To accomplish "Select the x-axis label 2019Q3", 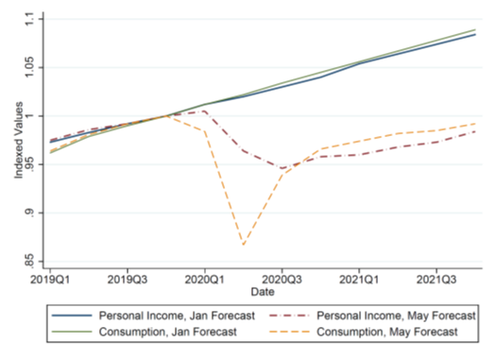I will coord(126,280).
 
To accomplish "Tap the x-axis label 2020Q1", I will coord(203,280).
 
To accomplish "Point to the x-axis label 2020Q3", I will coord(281,280).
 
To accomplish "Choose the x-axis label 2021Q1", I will coord(359,280).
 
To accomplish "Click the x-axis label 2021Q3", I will coord(436,280).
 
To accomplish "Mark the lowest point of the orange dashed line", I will coord(243,246).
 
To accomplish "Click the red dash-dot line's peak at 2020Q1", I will coord(203,111).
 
